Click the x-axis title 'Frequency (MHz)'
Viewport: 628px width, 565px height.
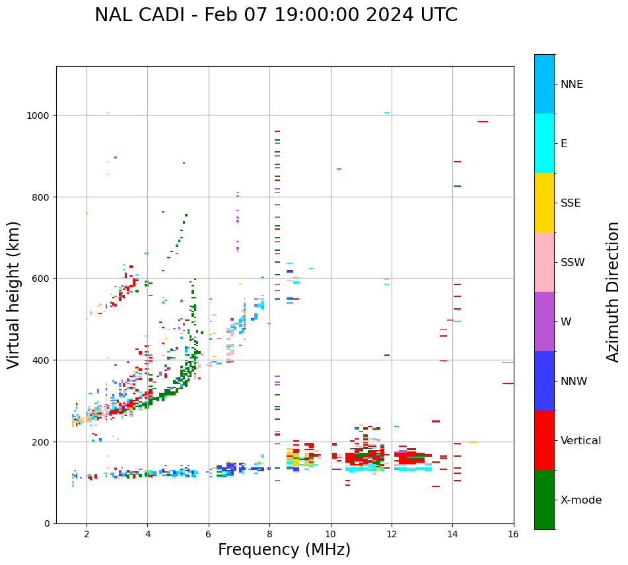[x=284, y=550]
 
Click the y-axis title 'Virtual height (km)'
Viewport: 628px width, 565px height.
[x=14, y=294]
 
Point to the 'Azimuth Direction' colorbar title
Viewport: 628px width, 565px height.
[x=613, y=292]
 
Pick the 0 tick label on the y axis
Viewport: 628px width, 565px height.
[x=47, y=523]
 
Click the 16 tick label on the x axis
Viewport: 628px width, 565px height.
[x=513, y=535]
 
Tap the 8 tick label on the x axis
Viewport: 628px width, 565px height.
[x=269, y=535]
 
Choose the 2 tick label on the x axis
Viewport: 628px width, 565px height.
[x=87, y=535]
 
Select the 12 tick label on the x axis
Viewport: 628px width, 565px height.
[x=392, y=535]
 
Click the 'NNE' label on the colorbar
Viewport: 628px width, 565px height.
[x=572, y=84]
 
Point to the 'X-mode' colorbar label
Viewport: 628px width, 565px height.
[x=581, y=500]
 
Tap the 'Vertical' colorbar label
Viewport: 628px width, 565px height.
[x=581, y=441]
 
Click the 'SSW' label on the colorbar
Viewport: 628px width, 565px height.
[x=573, y=263]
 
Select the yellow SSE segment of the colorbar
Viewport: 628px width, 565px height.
[x=544, y=203]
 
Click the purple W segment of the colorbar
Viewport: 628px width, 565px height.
[x=544, y=321]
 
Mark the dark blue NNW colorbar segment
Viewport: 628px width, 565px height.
[x=544, y=381]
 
